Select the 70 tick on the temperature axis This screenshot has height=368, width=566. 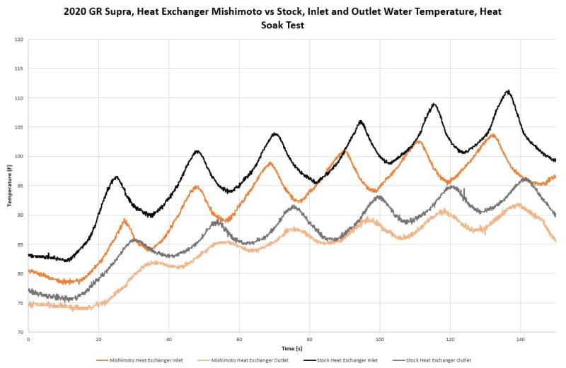pos(21,332)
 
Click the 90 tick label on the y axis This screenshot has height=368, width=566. pos(21,215)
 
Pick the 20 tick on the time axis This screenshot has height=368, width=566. pos(98,340)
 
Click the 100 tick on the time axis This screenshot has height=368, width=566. pos(380,340)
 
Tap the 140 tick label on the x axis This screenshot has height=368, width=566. pos(521,340)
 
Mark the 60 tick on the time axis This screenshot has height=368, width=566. pos(239,340)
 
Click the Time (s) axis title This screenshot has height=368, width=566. pos(291,349)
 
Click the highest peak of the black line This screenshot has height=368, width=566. pos(507,90)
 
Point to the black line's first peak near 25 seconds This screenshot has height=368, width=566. pos(116,177)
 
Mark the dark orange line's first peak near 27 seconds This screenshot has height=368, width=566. pos(125,220)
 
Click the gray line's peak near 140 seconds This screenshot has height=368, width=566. pos(524,179)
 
